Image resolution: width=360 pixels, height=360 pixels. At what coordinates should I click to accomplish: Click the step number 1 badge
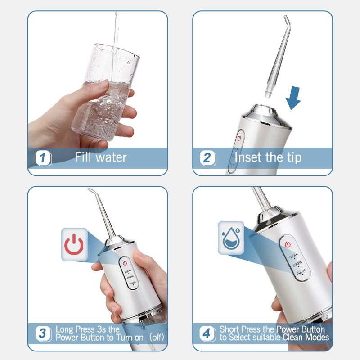tap(43, 158)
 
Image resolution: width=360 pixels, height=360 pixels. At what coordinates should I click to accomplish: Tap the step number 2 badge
tap(207, 158)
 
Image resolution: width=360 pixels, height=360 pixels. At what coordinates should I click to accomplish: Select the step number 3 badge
tap(43, 333)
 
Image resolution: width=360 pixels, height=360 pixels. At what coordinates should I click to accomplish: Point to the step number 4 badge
tap(207, 333)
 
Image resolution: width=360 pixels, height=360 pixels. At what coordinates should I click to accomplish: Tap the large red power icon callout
tap(74, 244)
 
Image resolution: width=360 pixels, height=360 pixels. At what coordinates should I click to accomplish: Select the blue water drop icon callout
tap(231, 237)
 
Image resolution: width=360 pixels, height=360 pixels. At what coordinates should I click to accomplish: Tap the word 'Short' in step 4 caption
tap(230, 329)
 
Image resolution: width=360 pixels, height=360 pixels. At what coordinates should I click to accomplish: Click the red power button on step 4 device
tap(287, 244)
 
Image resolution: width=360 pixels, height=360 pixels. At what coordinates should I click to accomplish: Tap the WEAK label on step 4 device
tap(293, 256)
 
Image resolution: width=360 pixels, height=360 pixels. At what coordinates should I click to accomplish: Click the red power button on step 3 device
tap(125, 263)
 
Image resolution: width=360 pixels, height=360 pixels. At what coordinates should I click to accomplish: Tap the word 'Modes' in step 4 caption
tap(317, 337)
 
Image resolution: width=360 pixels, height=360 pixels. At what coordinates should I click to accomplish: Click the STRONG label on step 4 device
tap(297, 264)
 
